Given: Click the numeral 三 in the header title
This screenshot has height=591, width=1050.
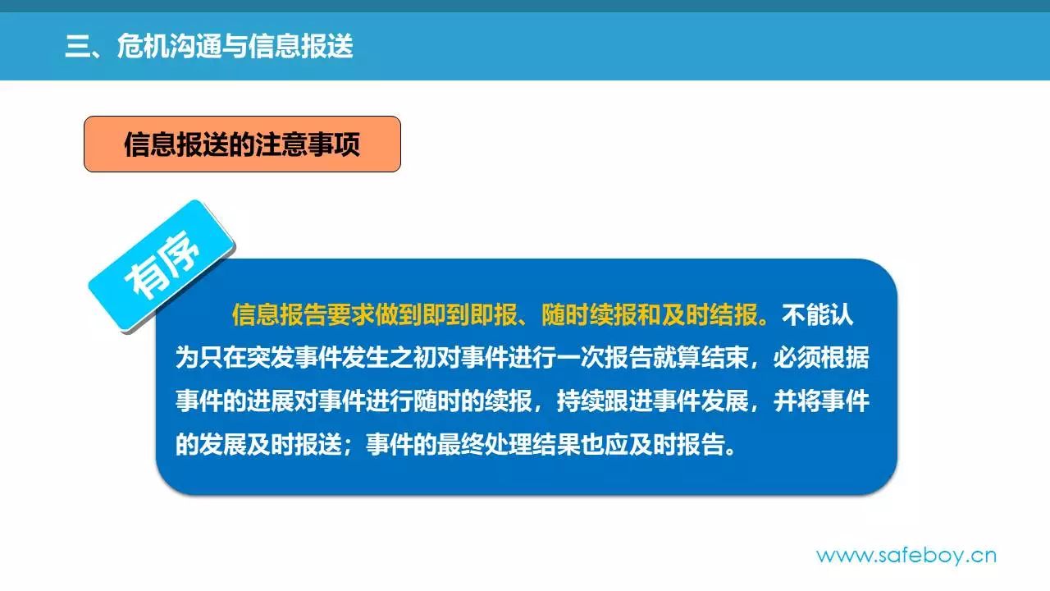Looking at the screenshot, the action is click(78, 46).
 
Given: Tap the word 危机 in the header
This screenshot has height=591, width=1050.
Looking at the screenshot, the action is click(143, 46).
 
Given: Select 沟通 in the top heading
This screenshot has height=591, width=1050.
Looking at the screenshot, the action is click(195, 46).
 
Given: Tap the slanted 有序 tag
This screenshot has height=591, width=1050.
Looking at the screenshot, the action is click(162, 265).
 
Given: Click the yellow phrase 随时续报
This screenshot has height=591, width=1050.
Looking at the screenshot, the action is click(589, 314).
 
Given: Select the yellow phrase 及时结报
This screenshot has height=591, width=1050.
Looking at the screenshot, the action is click(710, 314).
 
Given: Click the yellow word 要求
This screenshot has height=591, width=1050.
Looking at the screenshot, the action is click(350, 314).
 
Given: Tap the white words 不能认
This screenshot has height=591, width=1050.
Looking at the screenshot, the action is click(818, 314).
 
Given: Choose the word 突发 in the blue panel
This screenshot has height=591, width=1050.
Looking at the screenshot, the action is click(271, 357).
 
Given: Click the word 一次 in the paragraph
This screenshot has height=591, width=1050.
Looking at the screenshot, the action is click(580, 357).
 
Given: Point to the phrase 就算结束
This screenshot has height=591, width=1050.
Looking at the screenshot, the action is click(701, 357).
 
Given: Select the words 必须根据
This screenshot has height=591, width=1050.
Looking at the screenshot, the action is click(821, 357).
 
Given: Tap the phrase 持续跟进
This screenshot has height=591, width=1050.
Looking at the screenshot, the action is click(605, 401).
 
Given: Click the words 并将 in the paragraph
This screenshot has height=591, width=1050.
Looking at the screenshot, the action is click(797, 401).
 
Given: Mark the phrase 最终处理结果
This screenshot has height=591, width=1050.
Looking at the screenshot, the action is click(509, 444).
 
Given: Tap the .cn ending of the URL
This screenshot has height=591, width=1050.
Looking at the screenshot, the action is click(981, 557).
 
